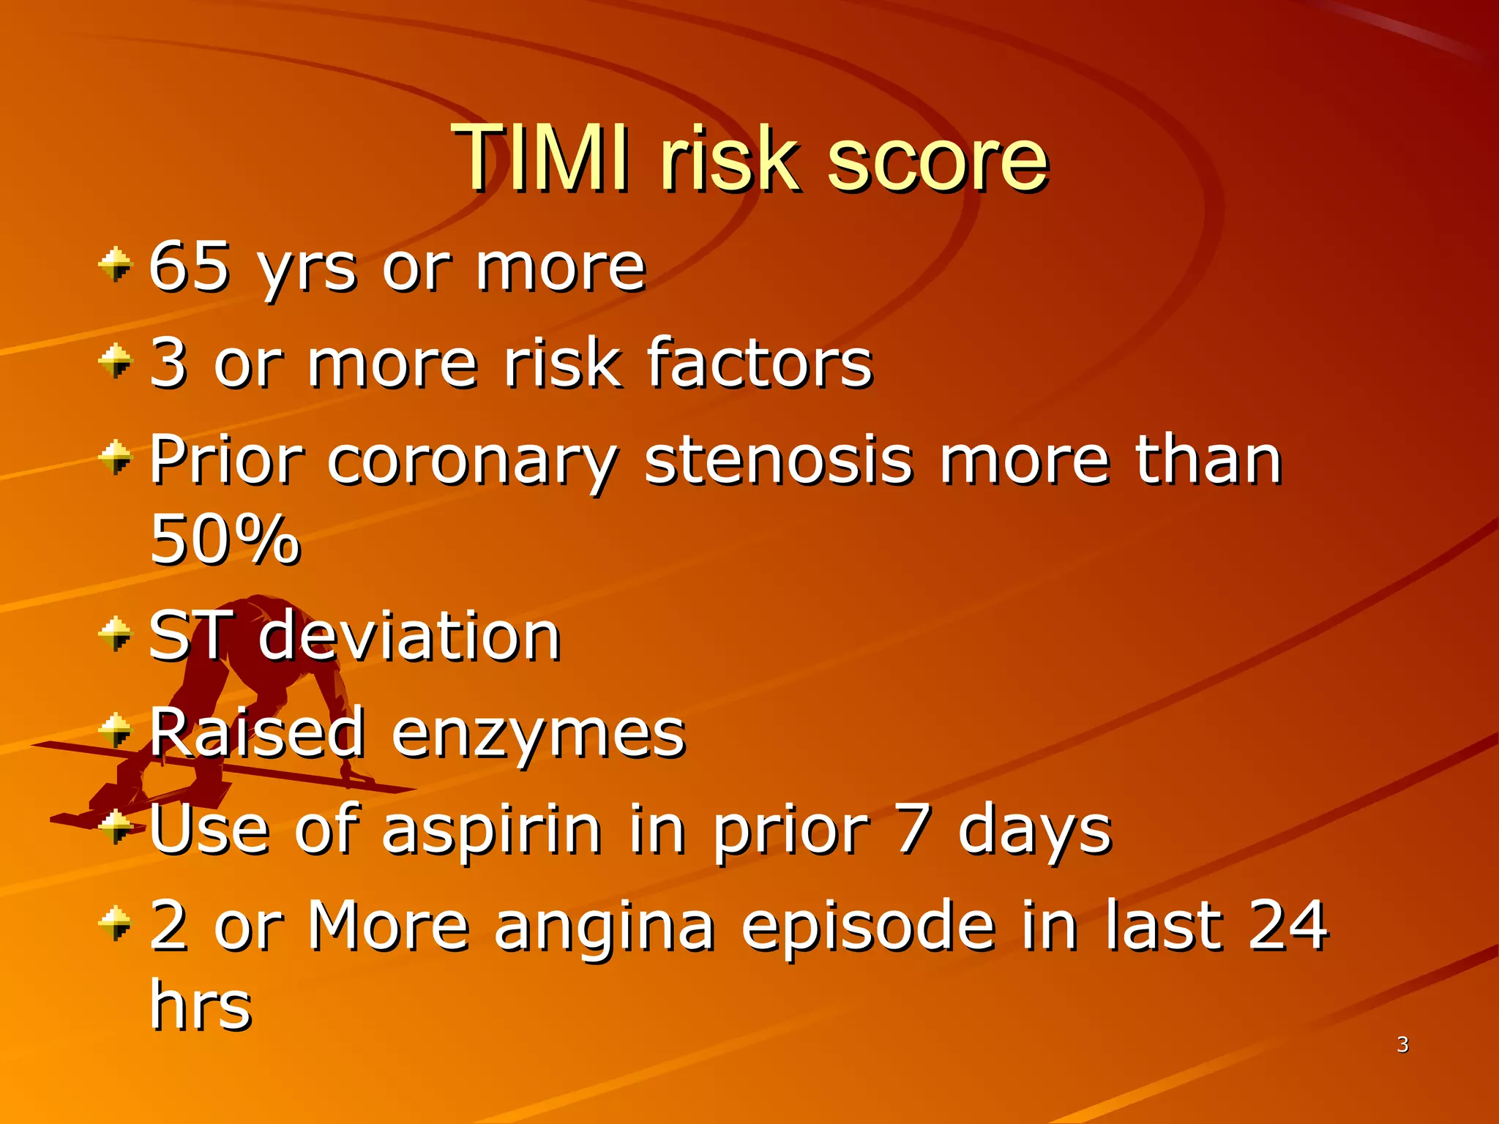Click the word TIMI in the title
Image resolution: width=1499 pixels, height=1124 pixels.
pyautogui.click(x=539, y=157)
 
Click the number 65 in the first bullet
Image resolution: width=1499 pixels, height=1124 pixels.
pyautogui.click(x=190, y=266)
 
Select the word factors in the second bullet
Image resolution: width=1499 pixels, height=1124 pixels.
pyautogui.click(x=760, y=363)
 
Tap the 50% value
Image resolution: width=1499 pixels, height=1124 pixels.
pyautogui.click(x=225, y=540)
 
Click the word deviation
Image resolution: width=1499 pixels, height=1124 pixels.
pyautogui.click(x=409, y=636)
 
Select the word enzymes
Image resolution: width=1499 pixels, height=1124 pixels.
pyautogui.click(x=538, y=733)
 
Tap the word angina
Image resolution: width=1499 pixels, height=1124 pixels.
pyautogui.click(x=604, y=926)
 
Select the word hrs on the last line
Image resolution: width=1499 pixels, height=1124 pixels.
pyautogui.click(x=201, y=1005)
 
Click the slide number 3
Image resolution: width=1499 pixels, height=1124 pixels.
pyautogui.click(x=1402, y=1044)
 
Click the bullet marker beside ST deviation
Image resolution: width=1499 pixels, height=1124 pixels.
pyautogui.click(x=116, y=634)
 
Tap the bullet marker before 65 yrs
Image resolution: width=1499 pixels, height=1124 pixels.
pyautogui.click(x=116, y=265)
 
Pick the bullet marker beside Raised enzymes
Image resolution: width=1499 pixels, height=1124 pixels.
pyautogui.click(x=116, y=730)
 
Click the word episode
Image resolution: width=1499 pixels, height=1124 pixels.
pyautogui.click(x=868, y=926)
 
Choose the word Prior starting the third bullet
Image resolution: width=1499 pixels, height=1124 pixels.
pyautogui.click(x=226, y=461)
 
